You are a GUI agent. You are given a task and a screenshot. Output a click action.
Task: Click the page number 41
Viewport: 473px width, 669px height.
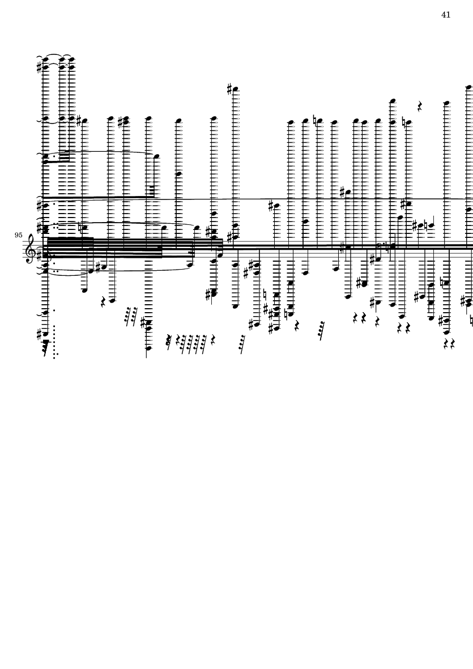[446, 15]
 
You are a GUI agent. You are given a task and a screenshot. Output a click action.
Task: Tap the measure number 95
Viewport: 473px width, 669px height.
[18, 235]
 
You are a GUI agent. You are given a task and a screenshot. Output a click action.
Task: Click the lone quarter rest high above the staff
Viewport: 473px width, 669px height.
[420, 106]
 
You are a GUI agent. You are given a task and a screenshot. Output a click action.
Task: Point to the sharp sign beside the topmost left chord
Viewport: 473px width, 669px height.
[40, 67]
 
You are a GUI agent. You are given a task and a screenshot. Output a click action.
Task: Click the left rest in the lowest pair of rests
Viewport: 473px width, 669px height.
[446, 343]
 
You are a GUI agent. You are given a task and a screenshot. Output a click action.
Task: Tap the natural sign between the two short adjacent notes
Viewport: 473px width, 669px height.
[425, 225]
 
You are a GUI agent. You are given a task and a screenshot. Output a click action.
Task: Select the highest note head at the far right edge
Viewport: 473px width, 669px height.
[468, 87]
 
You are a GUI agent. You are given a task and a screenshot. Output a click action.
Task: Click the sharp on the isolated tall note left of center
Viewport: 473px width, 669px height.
[229, 89]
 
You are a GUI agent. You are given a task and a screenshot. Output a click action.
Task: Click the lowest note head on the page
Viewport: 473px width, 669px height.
[148, 348]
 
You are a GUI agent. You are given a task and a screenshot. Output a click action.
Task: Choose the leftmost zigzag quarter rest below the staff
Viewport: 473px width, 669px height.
[103, 302]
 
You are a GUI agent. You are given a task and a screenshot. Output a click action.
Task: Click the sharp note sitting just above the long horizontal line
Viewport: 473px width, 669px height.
[348, 192]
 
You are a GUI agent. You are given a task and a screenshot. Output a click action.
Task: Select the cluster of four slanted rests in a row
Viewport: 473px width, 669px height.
[192, 344]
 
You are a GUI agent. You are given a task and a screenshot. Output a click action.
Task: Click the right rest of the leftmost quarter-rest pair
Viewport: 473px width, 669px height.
[364, 318]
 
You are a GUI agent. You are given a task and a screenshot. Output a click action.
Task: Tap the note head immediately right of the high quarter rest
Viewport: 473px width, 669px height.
[446, 103]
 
